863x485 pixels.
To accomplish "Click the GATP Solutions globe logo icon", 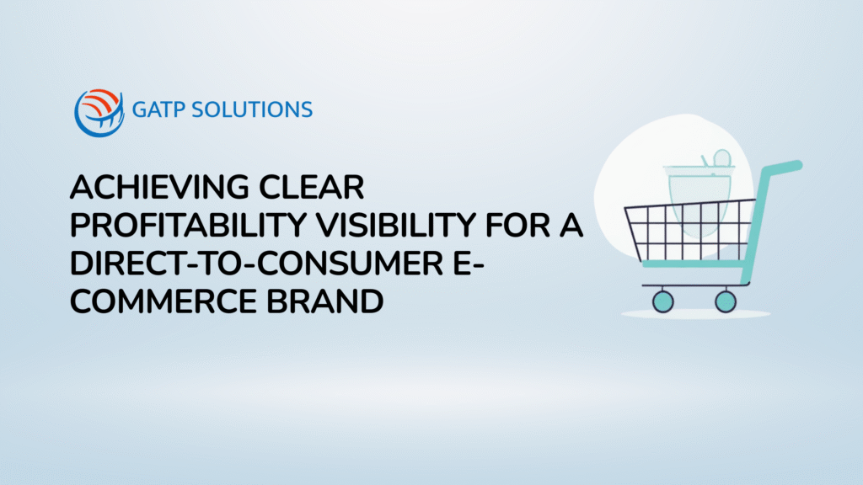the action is point(99,113).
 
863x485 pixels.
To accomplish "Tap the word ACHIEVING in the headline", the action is point(159,188).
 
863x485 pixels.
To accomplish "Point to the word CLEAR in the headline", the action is point(312,188).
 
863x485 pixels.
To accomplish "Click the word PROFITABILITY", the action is point(188,226).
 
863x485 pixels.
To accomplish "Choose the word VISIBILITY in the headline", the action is point(396,226).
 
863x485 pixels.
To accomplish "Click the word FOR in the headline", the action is point(517,226).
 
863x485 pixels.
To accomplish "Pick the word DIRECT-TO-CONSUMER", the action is point(256,264).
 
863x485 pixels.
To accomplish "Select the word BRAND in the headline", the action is point(324,302).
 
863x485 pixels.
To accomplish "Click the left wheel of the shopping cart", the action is point(662,301).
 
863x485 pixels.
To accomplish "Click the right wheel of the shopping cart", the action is point(726,301).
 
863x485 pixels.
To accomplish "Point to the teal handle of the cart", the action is point(780,168).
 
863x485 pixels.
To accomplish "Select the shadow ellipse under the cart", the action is point(695,315).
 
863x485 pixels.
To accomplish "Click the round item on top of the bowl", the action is point(722,158).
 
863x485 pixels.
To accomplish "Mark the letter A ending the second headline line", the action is point(571,226).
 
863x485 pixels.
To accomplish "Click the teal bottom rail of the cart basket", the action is point(694,264).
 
